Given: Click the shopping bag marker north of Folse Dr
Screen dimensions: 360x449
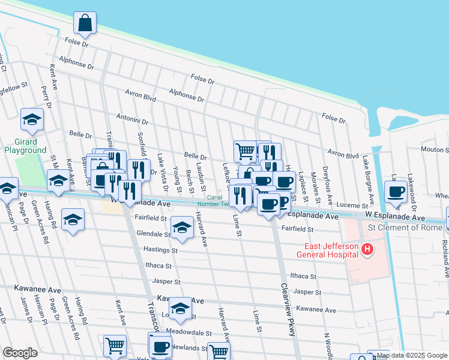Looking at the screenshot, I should (85, 23).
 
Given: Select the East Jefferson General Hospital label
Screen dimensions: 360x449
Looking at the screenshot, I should (328, 250).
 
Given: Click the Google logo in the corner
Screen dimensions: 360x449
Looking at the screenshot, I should (20, 353).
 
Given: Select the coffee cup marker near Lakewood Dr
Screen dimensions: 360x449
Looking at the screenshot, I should (396, 192).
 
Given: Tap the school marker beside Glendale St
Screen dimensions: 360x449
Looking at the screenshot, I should (181, 227).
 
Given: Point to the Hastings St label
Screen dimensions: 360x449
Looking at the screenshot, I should (161, 249).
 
